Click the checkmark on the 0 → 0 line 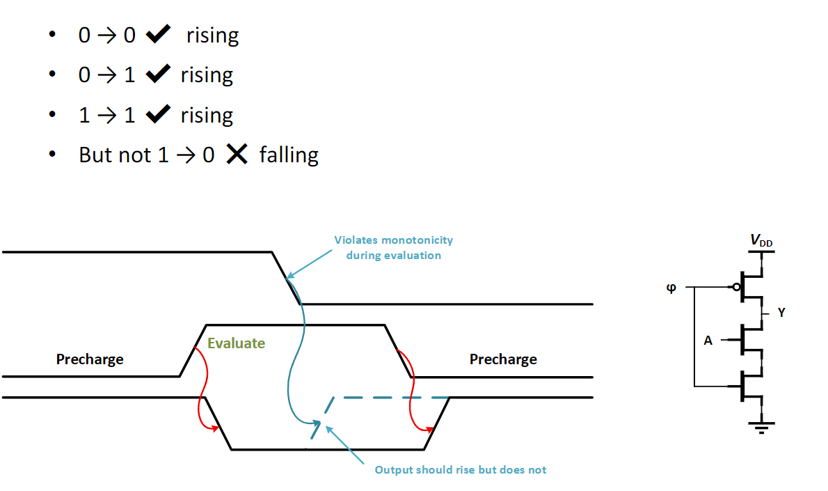159,34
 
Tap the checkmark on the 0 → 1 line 159,73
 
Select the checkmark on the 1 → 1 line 159,114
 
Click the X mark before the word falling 237,155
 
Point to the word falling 289,155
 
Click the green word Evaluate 236,343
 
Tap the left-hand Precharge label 90,359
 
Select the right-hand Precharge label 503,359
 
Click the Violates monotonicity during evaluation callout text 393,247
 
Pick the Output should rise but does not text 461,470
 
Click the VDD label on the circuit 761,241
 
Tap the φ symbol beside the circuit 671,288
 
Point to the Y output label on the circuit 781,312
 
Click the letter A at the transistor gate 708,341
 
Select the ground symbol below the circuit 761,427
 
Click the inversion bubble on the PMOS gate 737,288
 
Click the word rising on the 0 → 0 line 212,36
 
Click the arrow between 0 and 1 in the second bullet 107,75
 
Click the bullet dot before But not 51,154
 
